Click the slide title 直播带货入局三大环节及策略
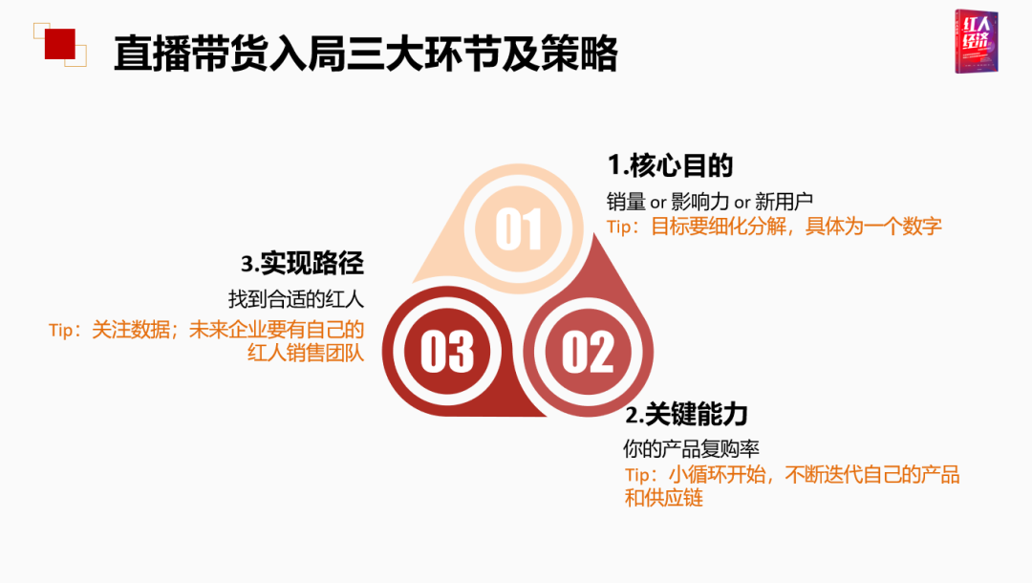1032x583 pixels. click(x=365, y=54)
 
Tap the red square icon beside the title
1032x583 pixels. click(x=60, y=44)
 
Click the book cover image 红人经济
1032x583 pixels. click(x=977, y=41)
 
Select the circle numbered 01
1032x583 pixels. click(x=519, y=228)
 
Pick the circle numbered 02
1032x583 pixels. click(x=589, y=352)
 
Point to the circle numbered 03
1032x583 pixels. click(x=447, y=352)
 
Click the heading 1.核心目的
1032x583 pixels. click(x=670, y=165)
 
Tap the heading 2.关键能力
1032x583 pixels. click(x=686, y=415)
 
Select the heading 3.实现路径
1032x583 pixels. click(x=302, y=263)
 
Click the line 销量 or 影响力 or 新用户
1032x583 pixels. click(x=709, y=201)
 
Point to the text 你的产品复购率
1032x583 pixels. click(x=691, y=449)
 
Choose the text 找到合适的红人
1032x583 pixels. click(x=296, y=299)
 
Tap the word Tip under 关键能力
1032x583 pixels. click(x=637, y=474)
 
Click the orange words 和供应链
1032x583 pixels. click(x=664, y=497)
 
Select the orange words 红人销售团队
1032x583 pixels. click(x=306, y=353)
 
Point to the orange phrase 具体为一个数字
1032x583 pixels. click(x=873, y=227)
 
